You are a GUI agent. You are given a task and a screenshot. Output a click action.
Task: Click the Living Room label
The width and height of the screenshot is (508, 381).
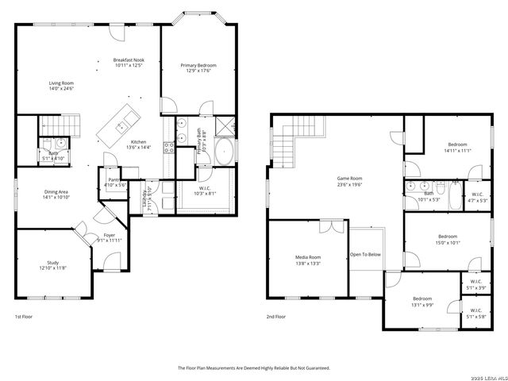tap(61, 83)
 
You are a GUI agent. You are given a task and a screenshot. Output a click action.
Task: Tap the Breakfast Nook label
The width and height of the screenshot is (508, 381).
tap(128, 60)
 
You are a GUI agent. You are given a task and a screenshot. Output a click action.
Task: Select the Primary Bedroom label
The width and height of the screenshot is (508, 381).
tap(198, 65)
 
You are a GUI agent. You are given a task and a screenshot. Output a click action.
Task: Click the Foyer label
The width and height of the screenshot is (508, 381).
tap(109, 235)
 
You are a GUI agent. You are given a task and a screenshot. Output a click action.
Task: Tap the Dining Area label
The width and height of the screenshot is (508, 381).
tap(56, 191)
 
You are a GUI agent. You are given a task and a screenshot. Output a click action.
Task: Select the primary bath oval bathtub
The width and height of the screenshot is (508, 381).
tap(225, 151)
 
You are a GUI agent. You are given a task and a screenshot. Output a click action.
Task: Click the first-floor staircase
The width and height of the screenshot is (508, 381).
tap(61, 125)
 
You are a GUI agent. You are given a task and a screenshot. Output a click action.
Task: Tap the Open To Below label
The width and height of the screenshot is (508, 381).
tap(365, 255)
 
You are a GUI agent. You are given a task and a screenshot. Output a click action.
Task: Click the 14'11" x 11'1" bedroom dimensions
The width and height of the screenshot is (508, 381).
tap(458, 150)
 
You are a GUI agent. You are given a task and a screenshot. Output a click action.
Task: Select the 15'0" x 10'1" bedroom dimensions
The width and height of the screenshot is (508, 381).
tap(448, 243)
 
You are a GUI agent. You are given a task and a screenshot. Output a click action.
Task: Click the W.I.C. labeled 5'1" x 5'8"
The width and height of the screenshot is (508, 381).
tap(475, 314)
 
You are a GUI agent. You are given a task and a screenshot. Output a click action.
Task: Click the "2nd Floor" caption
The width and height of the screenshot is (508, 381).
tap(276, 317)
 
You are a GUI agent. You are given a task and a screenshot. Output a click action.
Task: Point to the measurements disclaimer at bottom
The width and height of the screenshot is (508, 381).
tap(253, 368)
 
